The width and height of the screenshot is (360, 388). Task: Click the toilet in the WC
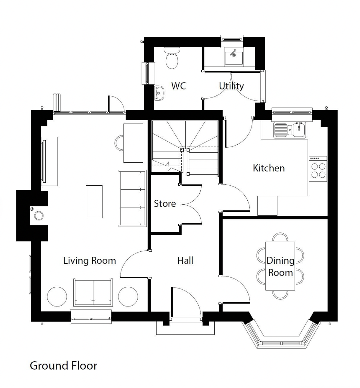[172, 58]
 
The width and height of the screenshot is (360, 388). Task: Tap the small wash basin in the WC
[159, 93]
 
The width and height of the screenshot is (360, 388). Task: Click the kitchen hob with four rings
[318, 169]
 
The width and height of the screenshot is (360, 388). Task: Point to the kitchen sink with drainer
[290, 130]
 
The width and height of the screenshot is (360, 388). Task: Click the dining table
[280, 266]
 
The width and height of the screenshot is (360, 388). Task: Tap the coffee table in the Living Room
[94, 202]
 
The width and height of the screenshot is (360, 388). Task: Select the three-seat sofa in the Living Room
[133, 198]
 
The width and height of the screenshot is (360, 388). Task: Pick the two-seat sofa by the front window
[93, 292]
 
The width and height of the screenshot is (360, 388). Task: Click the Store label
[165, 204]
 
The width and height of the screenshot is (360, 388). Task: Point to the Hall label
[185, 260]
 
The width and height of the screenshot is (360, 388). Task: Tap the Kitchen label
[269, 168]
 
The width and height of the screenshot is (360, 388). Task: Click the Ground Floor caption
[63, 366]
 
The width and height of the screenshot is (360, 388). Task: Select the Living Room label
[89, 260]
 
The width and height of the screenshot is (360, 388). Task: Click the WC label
[178, 86]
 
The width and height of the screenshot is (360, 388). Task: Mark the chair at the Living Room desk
[119, 143]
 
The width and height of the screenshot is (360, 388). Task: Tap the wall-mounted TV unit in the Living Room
[49, 161]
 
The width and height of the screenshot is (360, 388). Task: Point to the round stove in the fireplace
[39, 215]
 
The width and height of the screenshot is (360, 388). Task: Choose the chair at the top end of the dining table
[280, 237]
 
